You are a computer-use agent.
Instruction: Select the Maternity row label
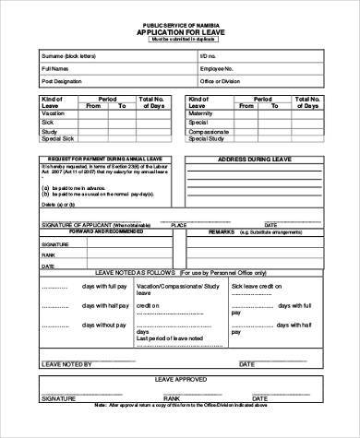pyautogui.click(x=200, y=112)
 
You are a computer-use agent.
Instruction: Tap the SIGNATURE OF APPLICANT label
pyautogui.click(x=73, y=224)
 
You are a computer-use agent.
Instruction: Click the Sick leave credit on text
pyautogui.click(x=255, y=287)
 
